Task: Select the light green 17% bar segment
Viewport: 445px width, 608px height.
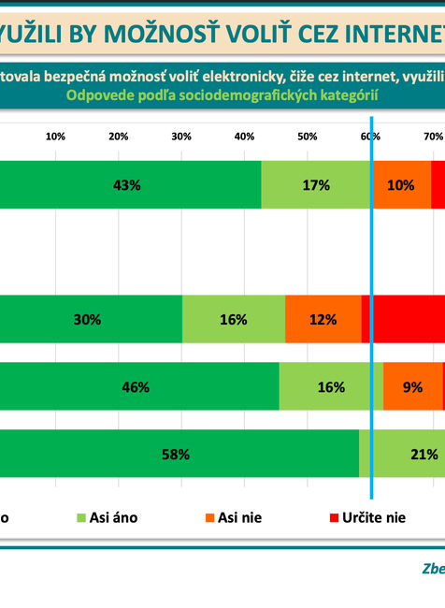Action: [316, 185]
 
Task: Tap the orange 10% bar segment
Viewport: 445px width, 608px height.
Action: [401, 185]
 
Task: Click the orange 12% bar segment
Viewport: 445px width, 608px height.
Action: [323, 319]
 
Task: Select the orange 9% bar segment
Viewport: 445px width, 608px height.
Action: [412, 386]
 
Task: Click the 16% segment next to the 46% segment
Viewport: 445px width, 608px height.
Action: [331, 386]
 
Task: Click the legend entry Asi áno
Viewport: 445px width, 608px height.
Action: [107, 517]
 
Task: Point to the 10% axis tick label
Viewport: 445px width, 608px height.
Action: [55, 137]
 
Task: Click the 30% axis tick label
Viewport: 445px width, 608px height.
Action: [181, 137]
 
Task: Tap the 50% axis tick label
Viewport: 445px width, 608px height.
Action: [307, 137]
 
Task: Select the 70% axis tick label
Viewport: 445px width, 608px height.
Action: [433, 137]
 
